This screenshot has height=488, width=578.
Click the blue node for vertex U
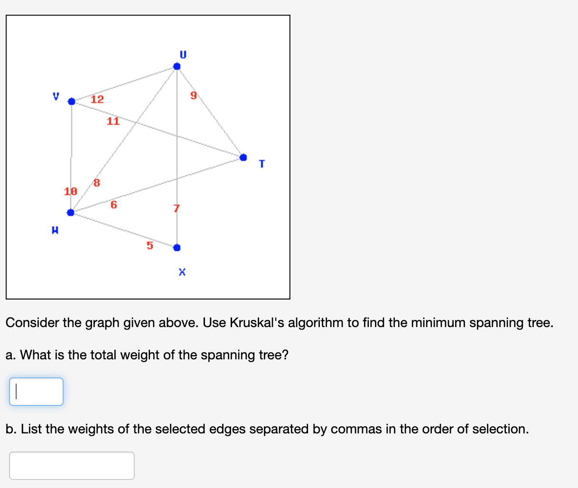point(177,66)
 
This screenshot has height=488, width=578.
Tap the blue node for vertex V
point(72,102)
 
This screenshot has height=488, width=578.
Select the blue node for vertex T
point(243,157)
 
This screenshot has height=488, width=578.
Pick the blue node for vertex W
point(71,212)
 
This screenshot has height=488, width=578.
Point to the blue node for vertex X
point(177,247)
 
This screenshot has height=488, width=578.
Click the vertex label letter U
point(183,55)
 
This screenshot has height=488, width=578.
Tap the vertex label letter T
point(261,164)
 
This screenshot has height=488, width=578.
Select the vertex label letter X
point(182,272)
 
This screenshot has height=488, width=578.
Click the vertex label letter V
point(56,96)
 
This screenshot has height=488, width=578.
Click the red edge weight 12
point(97,99)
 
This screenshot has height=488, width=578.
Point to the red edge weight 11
point(113,121)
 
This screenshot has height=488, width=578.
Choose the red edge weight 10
point(71,192)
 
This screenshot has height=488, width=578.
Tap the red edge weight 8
point(97,183)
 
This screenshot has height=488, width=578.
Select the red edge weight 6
point(113,205)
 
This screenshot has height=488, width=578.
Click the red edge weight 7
point(177,208)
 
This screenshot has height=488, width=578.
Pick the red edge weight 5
point(149,245)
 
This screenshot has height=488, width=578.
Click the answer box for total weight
point(36,392)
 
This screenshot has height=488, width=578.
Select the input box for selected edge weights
point(72,466)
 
